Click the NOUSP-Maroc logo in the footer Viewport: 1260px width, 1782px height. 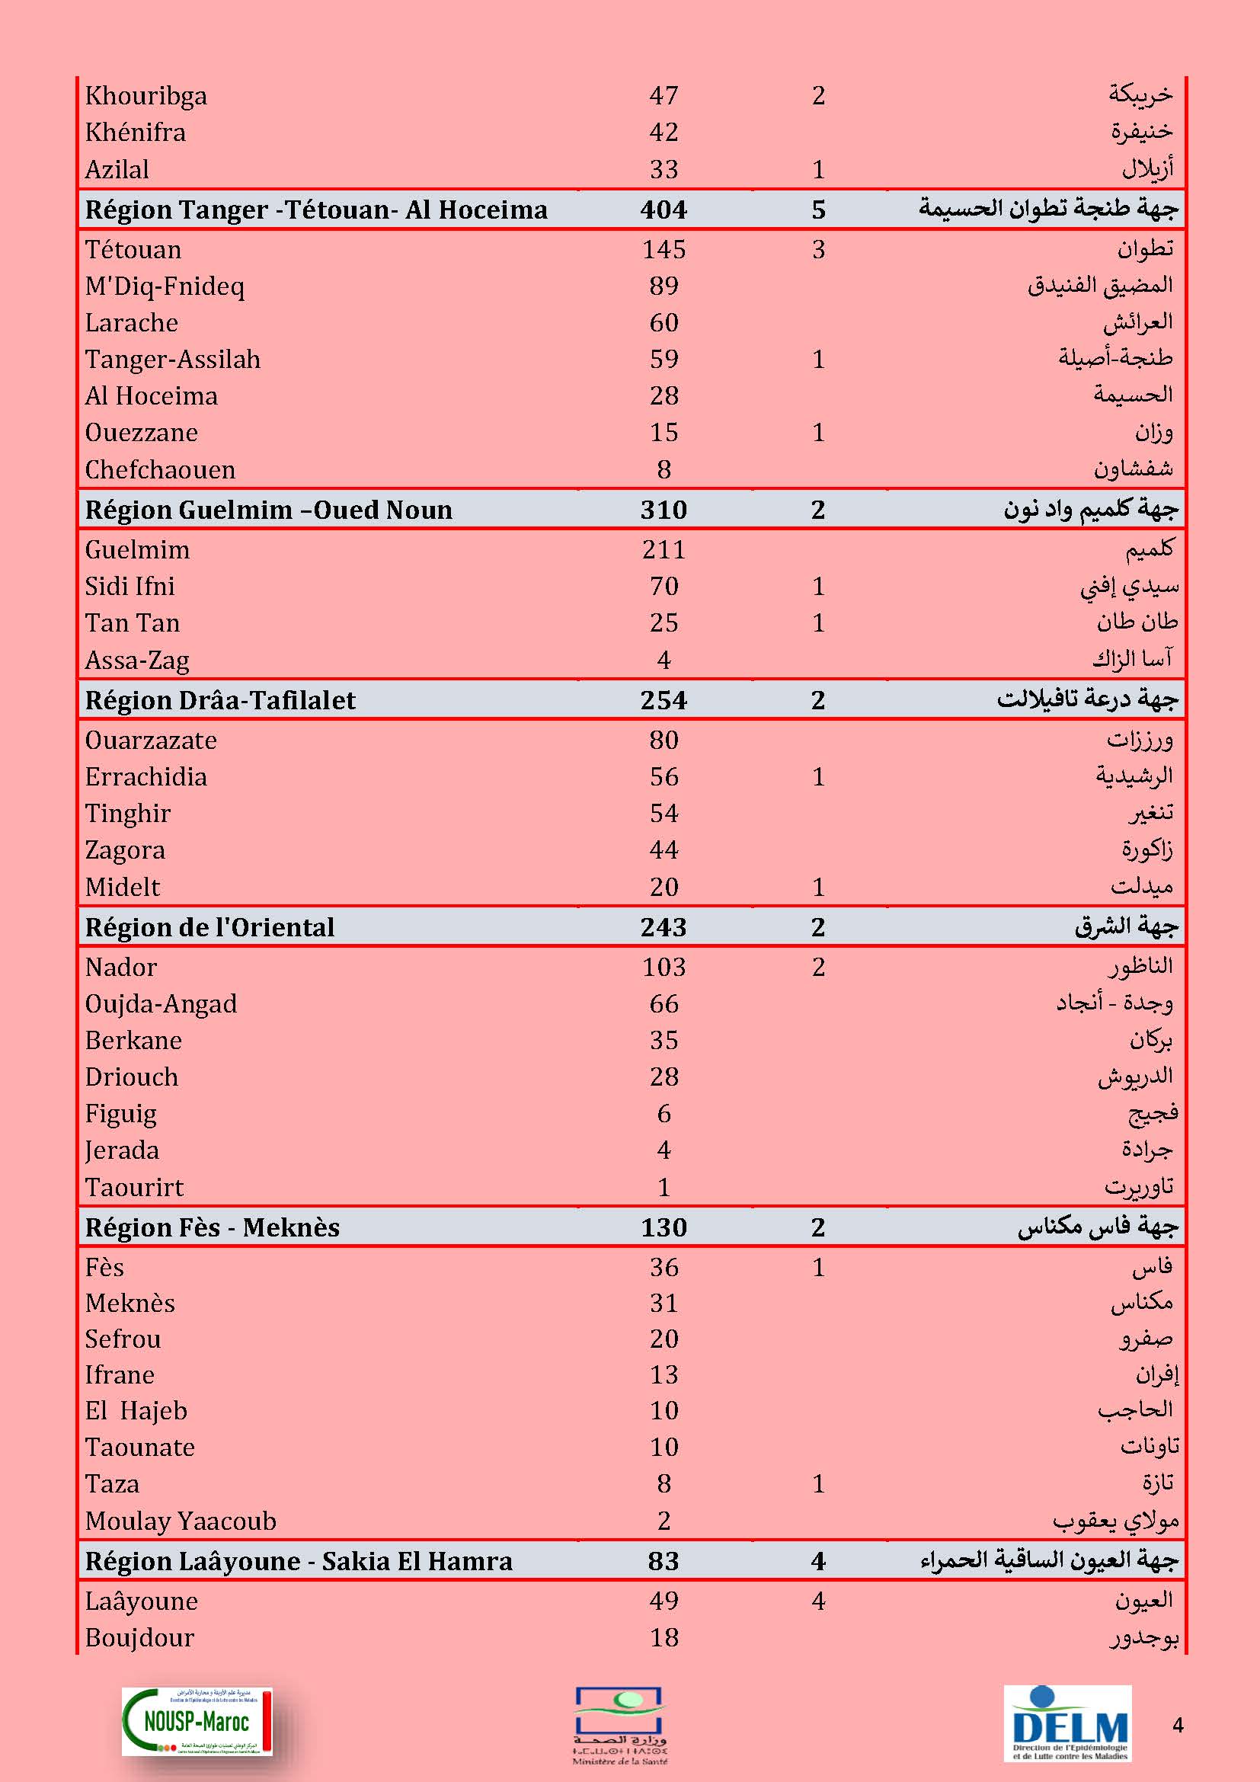click(197, 1721)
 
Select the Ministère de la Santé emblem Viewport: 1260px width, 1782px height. click(620, 1725)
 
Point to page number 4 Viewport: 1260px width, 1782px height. click(1178, 1725)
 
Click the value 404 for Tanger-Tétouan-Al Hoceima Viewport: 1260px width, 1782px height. click(664, 210)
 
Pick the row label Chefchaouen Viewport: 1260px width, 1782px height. click(160, 469)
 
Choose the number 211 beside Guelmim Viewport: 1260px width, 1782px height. click(664, 549)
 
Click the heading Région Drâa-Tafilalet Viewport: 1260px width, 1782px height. click(220, 700)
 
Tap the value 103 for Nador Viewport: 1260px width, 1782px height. click(664, 967)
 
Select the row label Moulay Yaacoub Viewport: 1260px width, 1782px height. click(181, 1521)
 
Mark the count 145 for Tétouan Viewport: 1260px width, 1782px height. click(664, 249)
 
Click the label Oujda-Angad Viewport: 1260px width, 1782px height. click(161, 1003)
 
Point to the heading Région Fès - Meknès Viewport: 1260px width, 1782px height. click(213, 1227)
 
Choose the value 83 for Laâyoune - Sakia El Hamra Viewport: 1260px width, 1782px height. click(664, 1561)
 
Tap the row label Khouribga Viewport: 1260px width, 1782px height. click(146, 95)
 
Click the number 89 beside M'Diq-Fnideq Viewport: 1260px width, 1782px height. click(664, 286)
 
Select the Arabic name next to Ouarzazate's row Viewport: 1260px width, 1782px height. click(1140, 740)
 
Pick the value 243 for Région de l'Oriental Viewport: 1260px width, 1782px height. click(664, 926)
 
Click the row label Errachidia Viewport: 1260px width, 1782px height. click(146, 776)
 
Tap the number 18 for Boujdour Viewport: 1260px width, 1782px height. click(664, 1638)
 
